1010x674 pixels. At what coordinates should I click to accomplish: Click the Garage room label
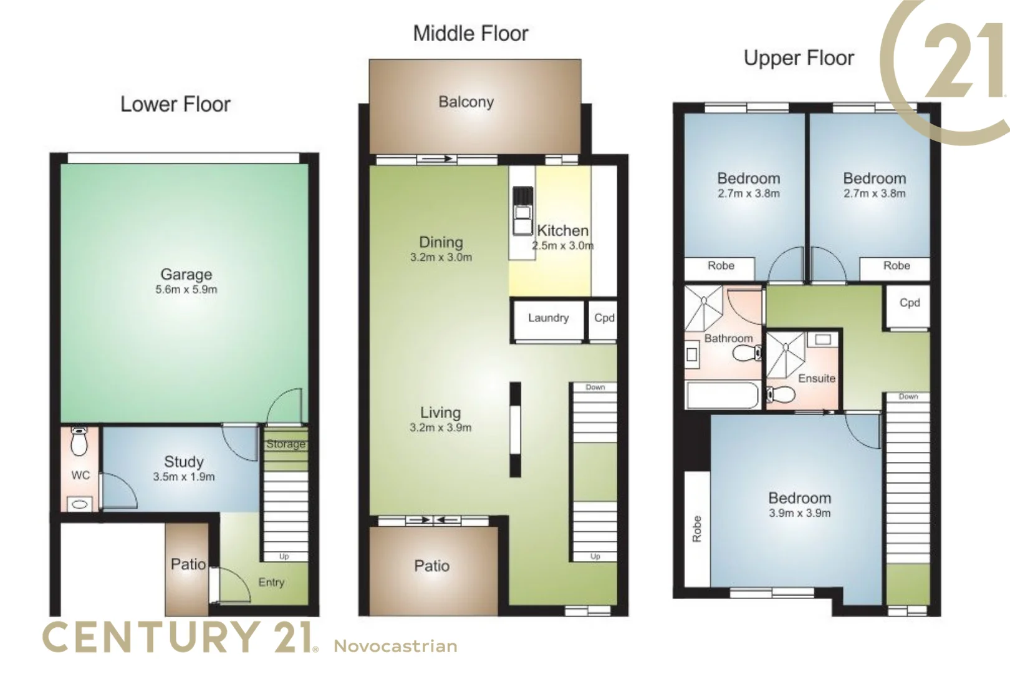186,275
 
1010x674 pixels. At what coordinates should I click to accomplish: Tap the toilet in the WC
79,442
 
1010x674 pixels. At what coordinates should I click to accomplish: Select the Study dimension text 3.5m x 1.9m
184,477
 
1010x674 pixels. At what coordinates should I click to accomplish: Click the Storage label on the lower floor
286,444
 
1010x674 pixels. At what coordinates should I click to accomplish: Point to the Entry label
271,582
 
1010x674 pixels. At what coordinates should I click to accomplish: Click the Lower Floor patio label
188,564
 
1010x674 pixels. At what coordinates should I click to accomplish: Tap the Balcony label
466,102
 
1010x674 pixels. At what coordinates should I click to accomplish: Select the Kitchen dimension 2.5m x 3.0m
562,246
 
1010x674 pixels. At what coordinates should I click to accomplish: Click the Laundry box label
548,318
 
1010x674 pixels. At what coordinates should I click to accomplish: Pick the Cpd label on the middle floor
604,318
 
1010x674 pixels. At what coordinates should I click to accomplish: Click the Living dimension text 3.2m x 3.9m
440,428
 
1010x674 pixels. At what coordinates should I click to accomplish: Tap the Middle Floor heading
471,33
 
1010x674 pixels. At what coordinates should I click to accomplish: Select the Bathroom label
728,338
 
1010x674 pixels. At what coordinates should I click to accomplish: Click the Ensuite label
816,378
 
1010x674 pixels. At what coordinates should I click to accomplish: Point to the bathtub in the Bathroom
722,396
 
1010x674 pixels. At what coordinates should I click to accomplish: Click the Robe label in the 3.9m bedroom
697,529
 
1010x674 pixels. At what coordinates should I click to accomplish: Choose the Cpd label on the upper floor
909,303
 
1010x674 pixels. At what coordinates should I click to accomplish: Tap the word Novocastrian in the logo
395,646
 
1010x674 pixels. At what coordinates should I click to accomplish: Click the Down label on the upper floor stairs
908,397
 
